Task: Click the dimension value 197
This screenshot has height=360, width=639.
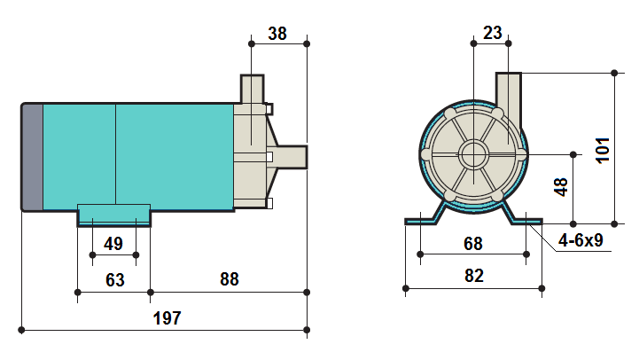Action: pyautogui.click(x=167, y=318)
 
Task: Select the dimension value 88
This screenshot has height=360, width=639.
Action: pyautogui.click(x=229, y=279)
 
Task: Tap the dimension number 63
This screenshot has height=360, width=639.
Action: pyautogui.click(x=114, y=280)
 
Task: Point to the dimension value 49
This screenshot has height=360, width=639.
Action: pyautogui.click(x=113, y=244)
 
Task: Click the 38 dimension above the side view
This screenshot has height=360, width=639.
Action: pyautogui.click(x=277, y=34)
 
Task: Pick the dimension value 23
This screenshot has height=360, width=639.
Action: pyautogui.click(x=492, y=33)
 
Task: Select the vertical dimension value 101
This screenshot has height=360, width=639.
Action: pyautogui.click(x=603, y=151)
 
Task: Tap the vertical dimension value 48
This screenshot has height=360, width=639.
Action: pyautogui.click(x=561, y=187)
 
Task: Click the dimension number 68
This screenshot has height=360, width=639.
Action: pyautogui.click(x=472, y=244)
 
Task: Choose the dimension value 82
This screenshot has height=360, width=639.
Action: pyautogui.click(x=473, y=276)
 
